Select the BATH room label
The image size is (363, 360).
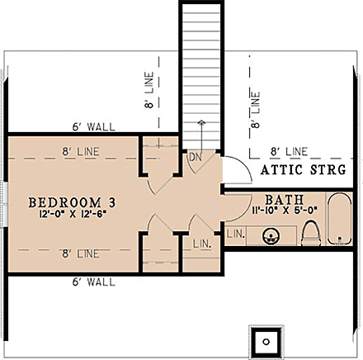(x=284, y=201)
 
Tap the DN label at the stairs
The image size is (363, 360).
(x=196, y=157)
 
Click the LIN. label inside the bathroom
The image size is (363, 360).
(x=235, y=234)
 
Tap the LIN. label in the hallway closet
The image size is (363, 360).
(x=202, y=245)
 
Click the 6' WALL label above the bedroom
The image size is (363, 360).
(x=93, y=126)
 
